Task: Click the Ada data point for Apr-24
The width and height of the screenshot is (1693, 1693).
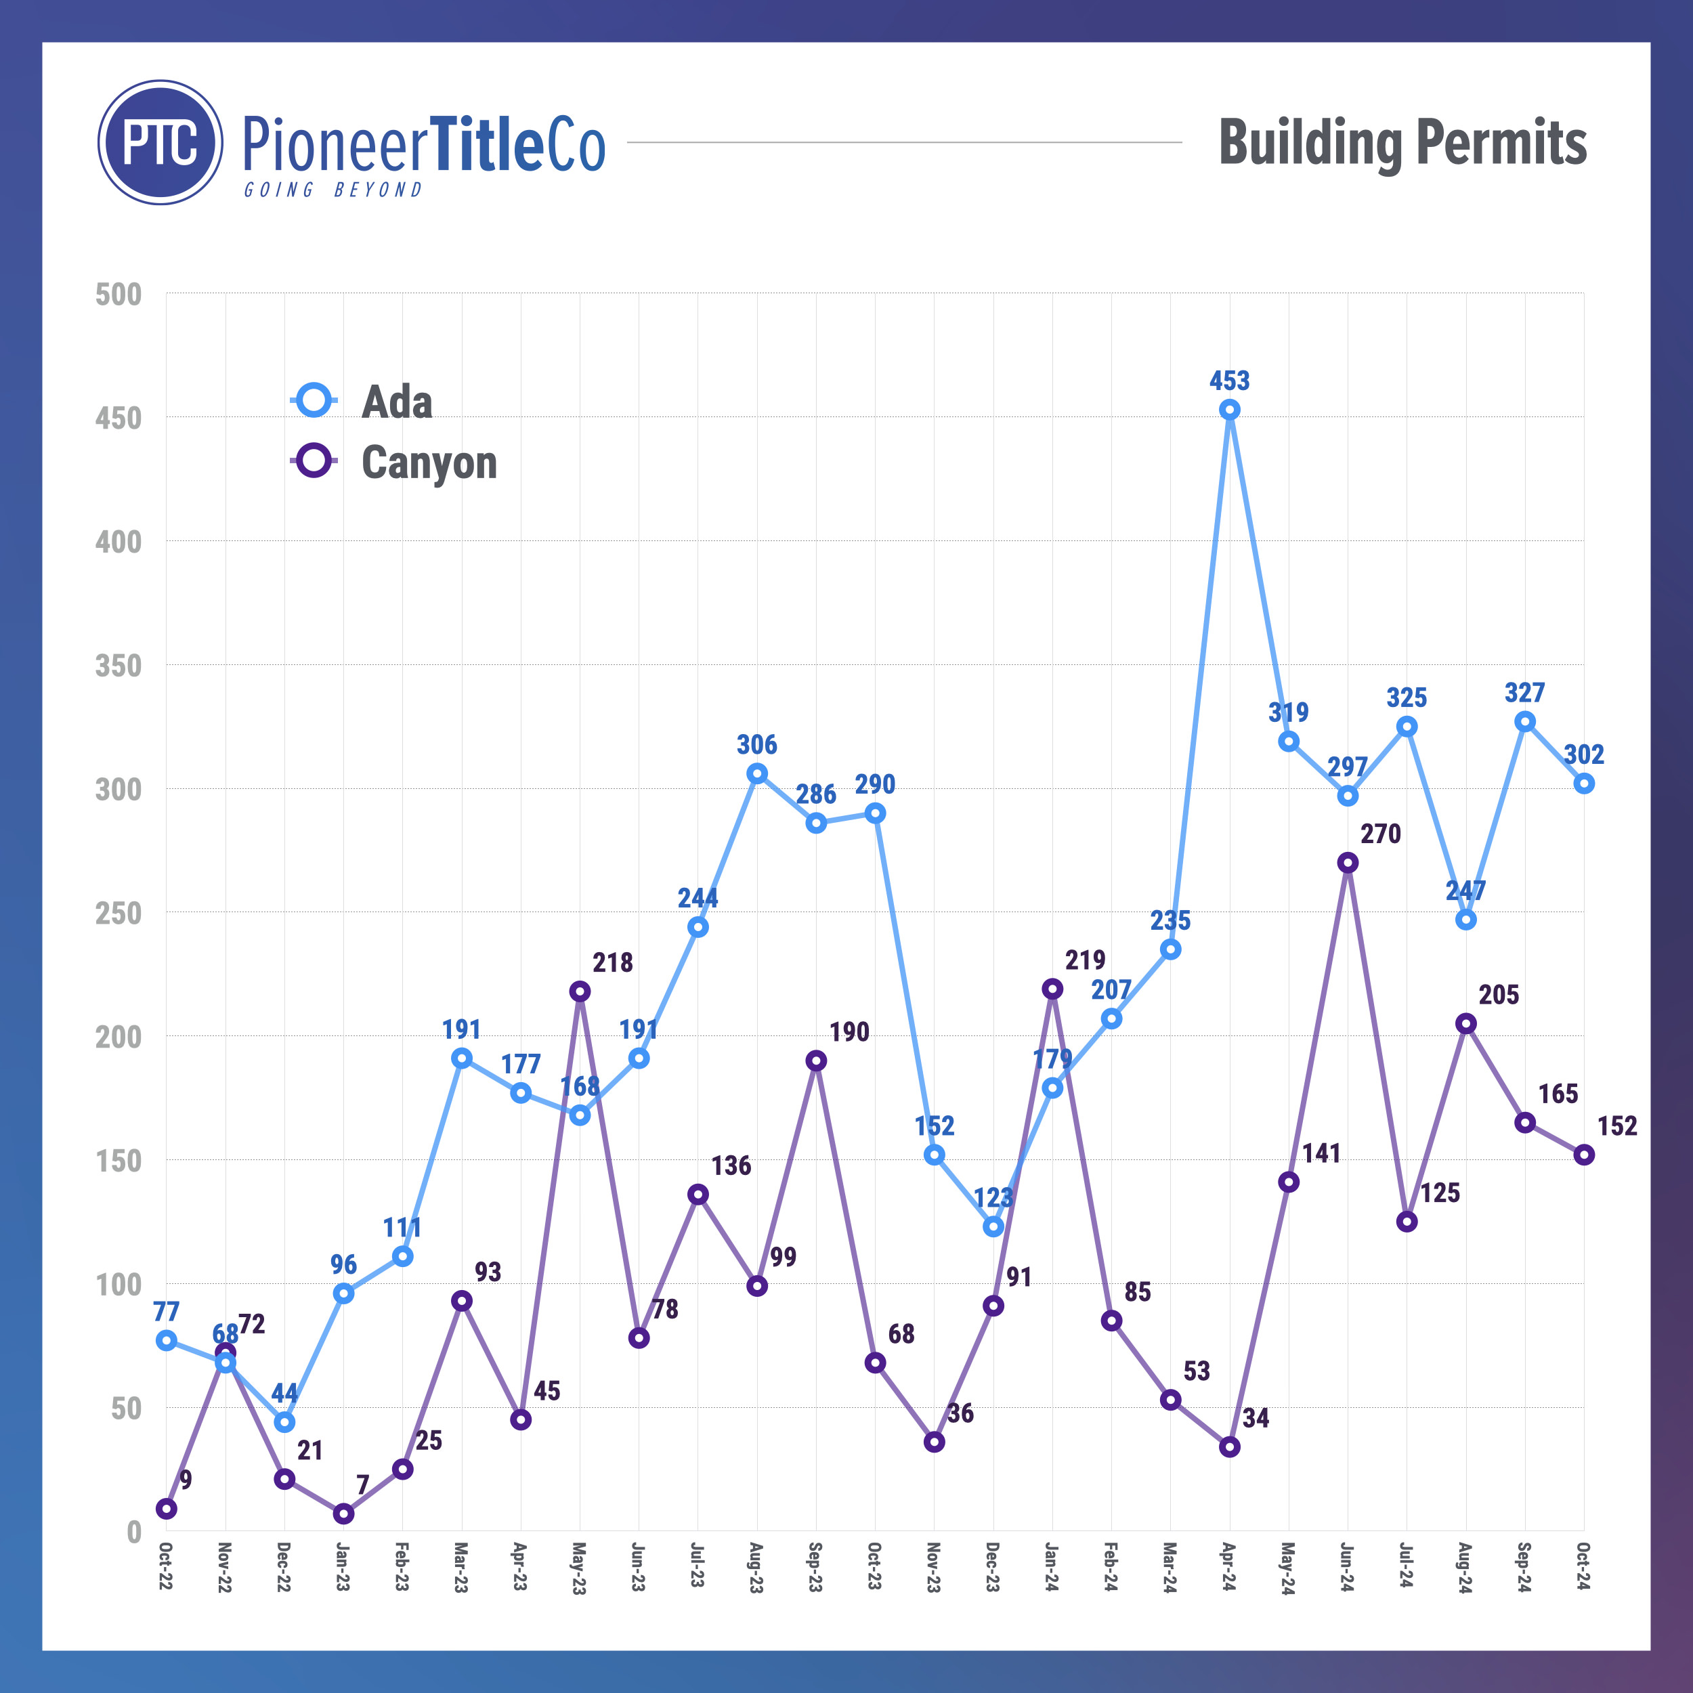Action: point(1229,409)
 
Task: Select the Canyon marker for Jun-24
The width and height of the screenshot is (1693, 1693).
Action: point(1348,862)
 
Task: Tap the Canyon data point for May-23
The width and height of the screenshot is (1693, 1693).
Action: point(579,991)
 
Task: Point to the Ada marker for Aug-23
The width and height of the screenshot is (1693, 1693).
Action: point(757,773)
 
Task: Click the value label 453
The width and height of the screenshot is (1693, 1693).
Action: point(1229,381)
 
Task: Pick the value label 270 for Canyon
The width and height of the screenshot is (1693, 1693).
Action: point(1380,834)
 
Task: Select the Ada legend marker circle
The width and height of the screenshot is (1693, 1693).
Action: point(313,400)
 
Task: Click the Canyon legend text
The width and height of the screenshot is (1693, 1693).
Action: point(429,462)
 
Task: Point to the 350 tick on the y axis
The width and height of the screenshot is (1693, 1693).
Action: point(119,666)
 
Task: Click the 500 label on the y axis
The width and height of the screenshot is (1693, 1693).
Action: point(119,295)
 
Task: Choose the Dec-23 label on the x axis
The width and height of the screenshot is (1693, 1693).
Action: point(992,1567)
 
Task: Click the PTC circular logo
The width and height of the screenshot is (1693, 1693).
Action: point(160,142)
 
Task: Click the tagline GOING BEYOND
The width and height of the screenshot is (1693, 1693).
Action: point(333,190)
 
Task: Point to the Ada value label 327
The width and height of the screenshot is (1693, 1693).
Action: point(1525,692)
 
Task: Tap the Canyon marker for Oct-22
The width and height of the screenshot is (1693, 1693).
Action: point(167,1509)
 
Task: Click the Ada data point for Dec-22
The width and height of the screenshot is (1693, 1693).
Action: point(284,1421)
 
